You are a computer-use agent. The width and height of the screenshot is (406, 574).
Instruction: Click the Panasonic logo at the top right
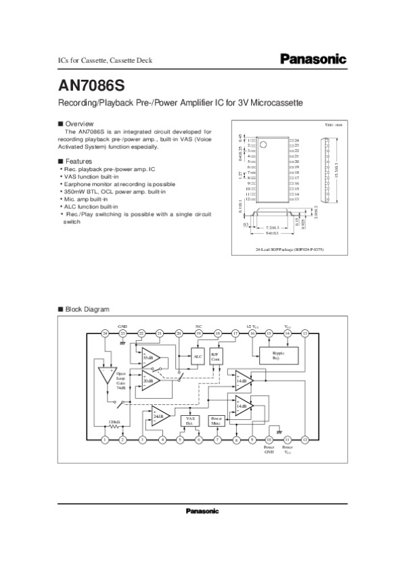(x=313, y=59)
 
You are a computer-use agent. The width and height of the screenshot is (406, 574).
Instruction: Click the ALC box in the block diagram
(x=198, y=356)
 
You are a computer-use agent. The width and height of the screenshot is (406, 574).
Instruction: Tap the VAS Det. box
(x=189, y=421)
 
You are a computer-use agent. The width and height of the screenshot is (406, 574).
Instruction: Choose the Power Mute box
(x=217, y=421)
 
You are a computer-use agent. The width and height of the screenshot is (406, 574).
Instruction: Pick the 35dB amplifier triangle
(x=148, y=357)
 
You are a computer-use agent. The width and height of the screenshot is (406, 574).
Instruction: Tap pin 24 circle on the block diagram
(x=105, y=333)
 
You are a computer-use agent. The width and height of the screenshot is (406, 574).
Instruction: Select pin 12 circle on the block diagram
(x=305, y=439)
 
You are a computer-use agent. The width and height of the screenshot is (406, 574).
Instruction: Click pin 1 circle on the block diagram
(x=105, y=439)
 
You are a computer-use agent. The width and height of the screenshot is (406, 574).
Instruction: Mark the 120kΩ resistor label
(x=114, y=421)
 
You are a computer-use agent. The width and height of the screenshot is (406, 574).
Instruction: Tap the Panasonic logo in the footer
(x=202, y=510)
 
